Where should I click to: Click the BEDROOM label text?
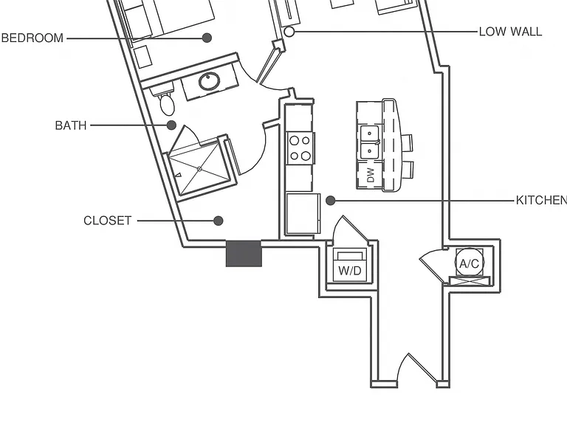(x=32, y=38)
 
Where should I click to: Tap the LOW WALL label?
(x=511, y=32)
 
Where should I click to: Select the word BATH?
(x=71, y=125)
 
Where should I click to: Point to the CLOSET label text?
(x=107, y=221)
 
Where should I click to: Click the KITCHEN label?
(x=541, y=200)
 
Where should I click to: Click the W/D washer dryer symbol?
(x=350, y=266)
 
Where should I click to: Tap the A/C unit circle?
(x=470, y=263)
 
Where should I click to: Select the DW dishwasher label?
(x=371, y=176)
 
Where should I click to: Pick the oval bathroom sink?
(x=209, y=82)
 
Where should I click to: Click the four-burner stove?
(x=300, y=148)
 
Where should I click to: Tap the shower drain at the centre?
(x=199, y=169)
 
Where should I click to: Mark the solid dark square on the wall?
(x=244, y=254)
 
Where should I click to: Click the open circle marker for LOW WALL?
(x=289, y=32)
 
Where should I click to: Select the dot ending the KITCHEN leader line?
(x=331, y=201)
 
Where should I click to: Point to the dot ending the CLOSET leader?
(x=218, y=221)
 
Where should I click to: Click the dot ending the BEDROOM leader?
(x=207, y=38)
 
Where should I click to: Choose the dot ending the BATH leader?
(x=171, y=125)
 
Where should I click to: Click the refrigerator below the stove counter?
(x=303, y=214)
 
